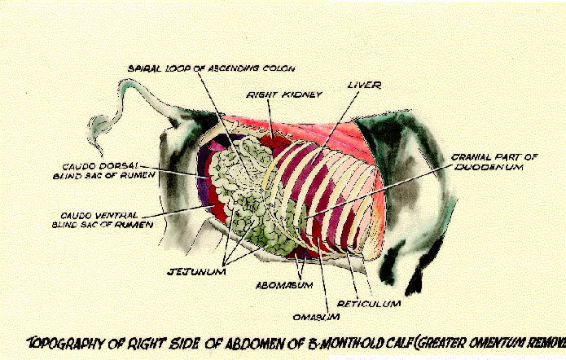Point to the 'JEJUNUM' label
[x=196, y=270]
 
